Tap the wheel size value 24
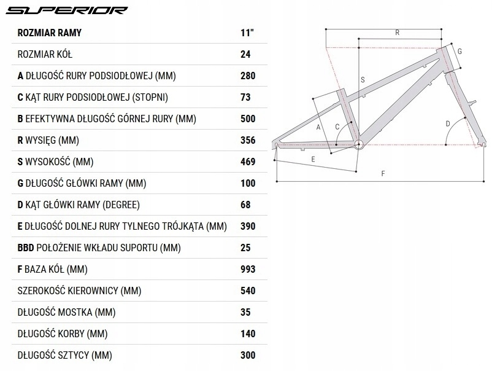[246, 54]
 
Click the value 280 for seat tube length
[248, 76]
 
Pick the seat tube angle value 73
[246, 97]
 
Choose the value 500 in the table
[248, 119]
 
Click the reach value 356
[248, 140]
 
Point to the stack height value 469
[248, 162]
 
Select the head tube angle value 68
[246, 205]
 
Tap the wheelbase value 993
[248, 269]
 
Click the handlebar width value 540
[248, 291]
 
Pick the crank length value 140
[248, 334]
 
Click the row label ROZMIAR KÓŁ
[45, 54]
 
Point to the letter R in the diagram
[398, 33]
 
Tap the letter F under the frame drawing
[382, 174]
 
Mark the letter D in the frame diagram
[448, 123]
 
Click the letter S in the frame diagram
[363, 80]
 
